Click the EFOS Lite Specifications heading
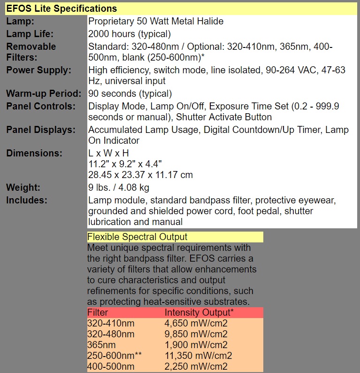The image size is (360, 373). tap(61, 8)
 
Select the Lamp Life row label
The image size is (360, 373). tap(30, 34)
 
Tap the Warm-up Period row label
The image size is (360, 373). tap(44, 93)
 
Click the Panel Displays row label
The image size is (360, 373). tap(41, 130)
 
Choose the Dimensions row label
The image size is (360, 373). tap(34, 153)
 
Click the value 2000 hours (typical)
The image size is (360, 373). tap(130, 34)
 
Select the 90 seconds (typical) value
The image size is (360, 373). tap(130, 93)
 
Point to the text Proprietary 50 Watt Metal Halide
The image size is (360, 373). tap(156, 21)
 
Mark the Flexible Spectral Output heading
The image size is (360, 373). tap(137, 237)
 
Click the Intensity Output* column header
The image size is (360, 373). tap(199, 312)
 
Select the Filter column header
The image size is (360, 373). tap(98, 312)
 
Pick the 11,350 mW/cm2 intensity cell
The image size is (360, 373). tap(198, 356)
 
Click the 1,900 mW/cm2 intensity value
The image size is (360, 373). tap(196, 345)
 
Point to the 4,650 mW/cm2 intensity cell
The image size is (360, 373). tap(196, 323)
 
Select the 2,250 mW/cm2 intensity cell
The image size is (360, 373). tap(196, 366)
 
